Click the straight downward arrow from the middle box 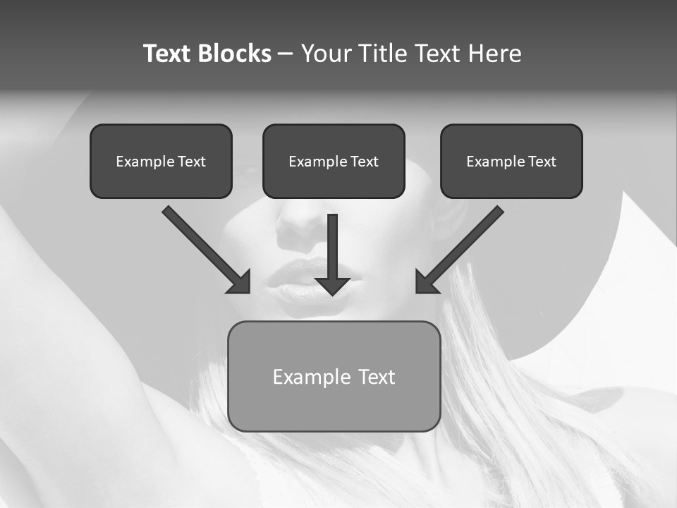[332, 247]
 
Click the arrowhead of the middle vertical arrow [332, 285]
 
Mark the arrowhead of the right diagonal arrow [425, 282]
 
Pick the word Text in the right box [542, 162]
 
